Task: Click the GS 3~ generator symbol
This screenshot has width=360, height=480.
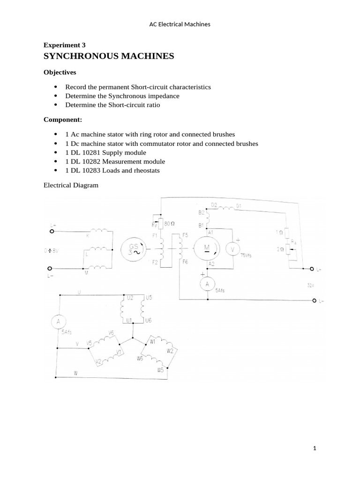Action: [x=133, y=248]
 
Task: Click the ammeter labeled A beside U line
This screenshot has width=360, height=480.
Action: [x=58, y=321]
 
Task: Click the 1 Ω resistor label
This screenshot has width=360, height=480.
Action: [x=280, y=232]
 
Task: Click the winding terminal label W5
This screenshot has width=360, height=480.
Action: [x=161, y=370]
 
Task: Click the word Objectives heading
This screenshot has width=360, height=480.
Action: [x=60, y=73]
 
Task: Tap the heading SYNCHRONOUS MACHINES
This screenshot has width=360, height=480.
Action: [x=109, y=56]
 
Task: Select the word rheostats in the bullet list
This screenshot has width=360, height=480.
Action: [x=146, y=170]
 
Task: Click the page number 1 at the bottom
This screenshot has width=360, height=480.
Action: [x=315, y=449]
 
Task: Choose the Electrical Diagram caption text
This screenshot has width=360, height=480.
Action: [x=71, y=185]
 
